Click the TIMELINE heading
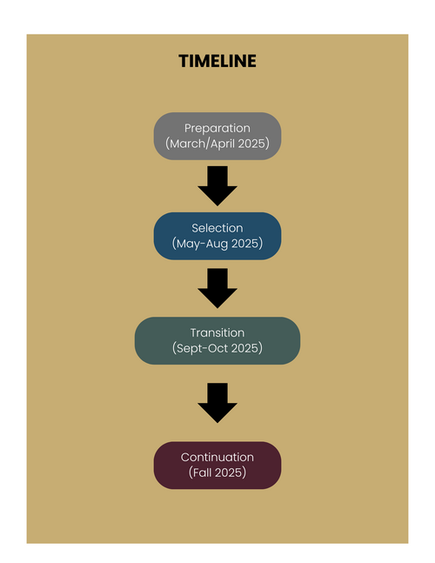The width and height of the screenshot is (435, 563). tap(217, 61)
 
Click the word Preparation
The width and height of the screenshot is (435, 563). tap(217, 128)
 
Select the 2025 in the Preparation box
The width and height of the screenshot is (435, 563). tap(251, 144)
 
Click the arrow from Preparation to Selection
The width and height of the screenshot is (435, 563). tap(217, 186)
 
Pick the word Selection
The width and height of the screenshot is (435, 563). tap(217, 228)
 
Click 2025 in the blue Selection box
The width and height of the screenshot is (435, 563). tap(244, 244)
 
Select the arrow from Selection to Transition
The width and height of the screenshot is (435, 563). tap(217, 288)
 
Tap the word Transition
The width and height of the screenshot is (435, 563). tap(217, 333)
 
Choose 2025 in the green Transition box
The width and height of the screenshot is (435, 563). tap(244, 348)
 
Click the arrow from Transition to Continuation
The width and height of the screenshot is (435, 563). tap(217, 403)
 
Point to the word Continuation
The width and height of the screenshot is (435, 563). tap(217, 457)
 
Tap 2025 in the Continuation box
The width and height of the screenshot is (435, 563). tap(228, 473)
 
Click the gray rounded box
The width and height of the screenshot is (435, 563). tap(217, 136)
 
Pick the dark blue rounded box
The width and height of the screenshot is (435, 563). tap(217, 236)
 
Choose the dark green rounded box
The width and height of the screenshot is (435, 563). tap(217, 341)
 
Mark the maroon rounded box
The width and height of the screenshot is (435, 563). tap(217, 466)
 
